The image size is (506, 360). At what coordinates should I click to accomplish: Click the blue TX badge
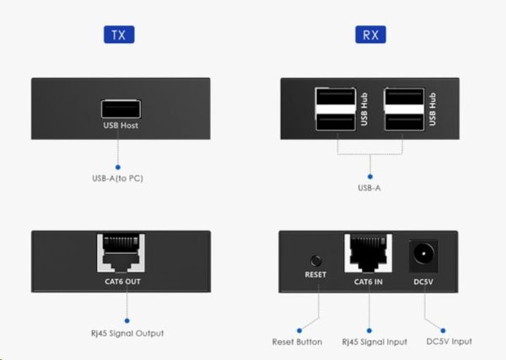point(118,35)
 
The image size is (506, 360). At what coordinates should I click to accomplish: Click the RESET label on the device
point(315,280)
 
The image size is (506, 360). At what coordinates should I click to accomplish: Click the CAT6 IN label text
point(368,280)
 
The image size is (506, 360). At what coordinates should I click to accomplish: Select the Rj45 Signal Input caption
point(369,341)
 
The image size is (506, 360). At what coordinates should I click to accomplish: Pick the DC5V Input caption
point(449,341)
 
